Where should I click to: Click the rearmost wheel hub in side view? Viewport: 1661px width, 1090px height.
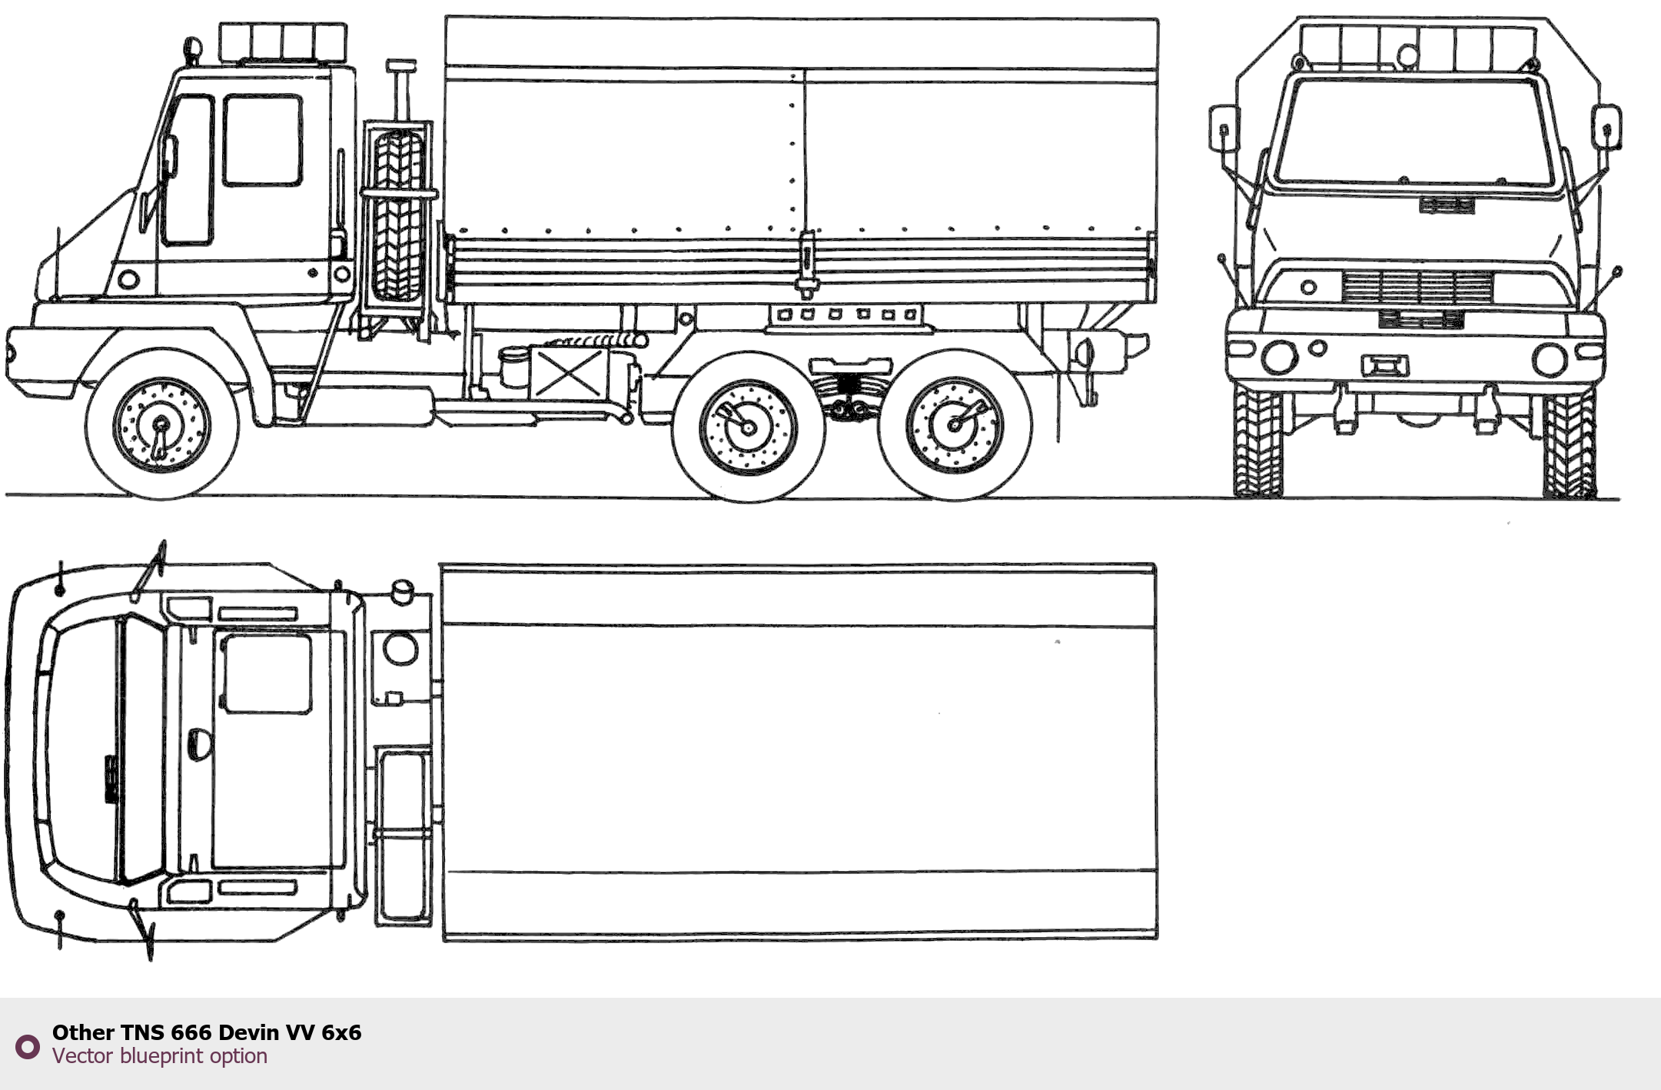955,424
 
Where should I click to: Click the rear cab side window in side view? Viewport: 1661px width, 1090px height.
262,140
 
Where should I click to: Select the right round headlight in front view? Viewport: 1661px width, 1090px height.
1549,359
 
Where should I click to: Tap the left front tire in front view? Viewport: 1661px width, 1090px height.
1257,442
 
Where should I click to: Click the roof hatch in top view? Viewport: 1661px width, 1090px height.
266,674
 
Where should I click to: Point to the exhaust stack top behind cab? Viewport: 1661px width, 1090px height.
400,66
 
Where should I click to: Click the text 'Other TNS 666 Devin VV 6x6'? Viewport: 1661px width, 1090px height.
207,1032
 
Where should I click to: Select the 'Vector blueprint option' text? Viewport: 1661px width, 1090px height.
160,1056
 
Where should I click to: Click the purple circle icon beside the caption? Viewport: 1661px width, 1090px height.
28,1046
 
